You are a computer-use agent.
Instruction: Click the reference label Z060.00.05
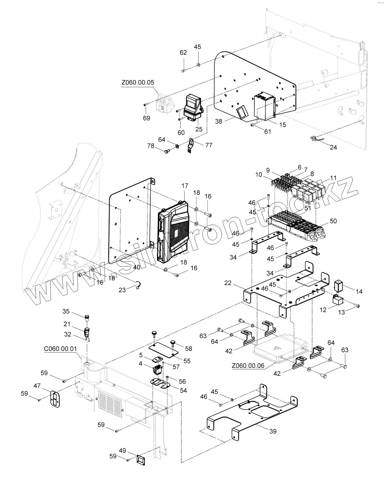[x=138, y=82]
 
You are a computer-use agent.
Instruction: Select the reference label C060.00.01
[x=60, y=349]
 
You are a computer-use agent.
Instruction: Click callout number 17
[x=185, y=186]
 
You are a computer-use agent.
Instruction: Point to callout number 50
[x=333, y=221]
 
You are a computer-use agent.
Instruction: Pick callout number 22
[x=228, y=283]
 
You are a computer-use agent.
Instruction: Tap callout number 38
[x=219, y=121]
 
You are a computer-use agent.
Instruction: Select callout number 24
[x=333, y=147]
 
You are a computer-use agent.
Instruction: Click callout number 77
[x=209, y=145]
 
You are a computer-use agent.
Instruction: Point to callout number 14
[x=359, y=292]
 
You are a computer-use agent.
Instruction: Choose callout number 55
[x=187, y=361]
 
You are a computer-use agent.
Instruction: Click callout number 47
[x=37, y=386]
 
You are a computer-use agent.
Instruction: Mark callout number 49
[x=122, y=450]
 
